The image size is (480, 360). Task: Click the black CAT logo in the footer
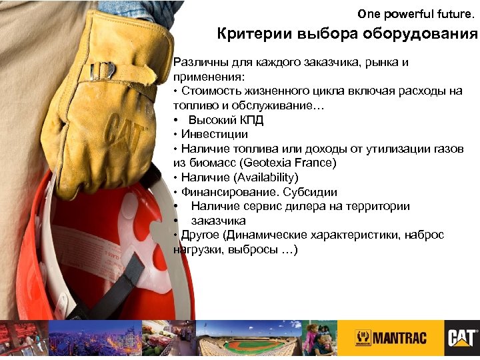[x=461, y=337]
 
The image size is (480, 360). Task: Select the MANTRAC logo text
[x=391, y=338]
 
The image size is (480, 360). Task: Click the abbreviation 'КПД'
[x=249, y=120]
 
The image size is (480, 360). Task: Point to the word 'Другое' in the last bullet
[x=199, y=235]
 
